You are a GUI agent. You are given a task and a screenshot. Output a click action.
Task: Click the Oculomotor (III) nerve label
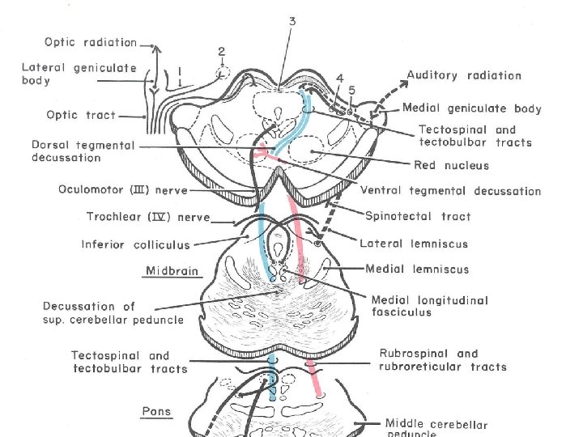(123, 191)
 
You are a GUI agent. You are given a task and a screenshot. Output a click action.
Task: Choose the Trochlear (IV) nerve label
(148, 217)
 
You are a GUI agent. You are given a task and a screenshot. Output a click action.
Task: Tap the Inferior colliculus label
(135, 244)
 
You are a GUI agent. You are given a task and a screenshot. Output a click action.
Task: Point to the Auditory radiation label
(464, 75)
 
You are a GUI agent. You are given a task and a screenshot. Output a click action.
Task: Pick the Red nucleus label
(451, 166)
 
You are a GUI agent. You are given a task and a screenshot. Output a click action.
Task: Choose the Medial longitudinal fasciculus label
(429, 306)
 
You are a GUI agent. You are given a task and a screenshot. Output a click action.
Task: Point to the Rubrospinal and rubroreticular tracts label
(442, 360)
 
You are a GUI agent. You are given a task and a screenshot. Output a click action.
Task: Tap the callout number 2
(221, 51)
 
